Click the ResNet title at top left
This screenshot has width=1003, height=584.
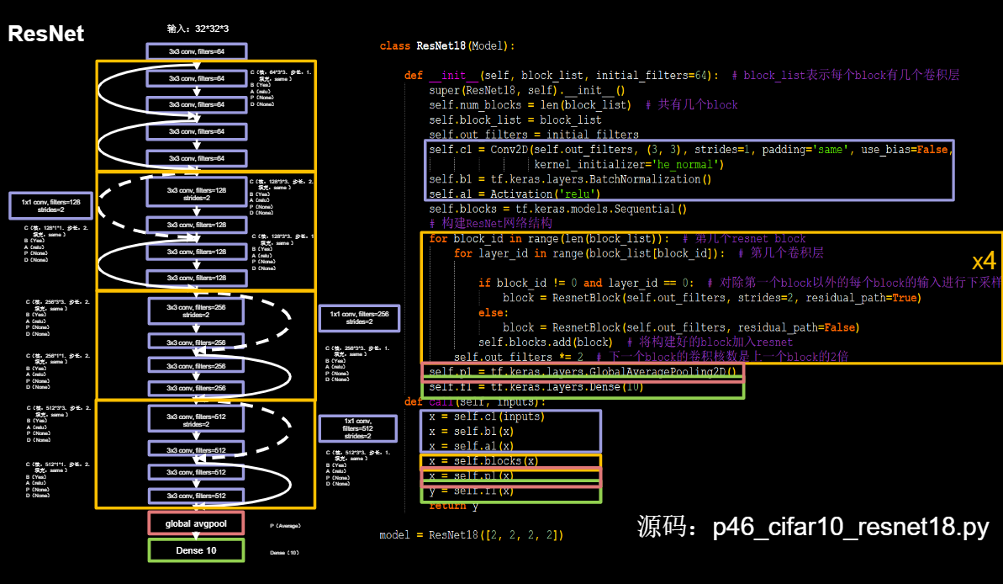pyautogui.click(x=46, y=34)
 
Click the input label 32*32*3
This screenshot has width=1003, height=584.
pyautogui.click(x=198, y=29)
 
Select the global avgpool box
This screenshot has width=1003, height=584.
pyautogui.click(x=196, y=523)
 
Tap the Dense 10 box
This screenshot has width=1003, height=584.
pyautogui.click(x=196, y=550)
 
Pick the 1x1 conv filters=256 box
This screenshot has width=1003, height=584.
pyautogui.click(x=359, y=318)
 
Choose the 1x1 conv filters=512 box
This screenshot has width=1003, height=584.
pyautogui.click(x=357, y=428)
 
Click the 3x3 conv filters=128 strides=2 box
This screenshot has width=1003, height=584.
pyautogui.click(x=196, y=193)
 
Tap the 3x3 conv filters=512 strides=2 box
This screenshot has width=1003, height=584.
pyautogui.click(x=196, y=418)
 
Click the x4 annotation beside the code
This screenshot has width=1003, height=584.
pyautogui.click(x=984, y=261)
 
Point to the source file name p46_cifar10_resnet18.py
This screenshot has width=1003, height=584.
pyautogui.click(x=812, y=528)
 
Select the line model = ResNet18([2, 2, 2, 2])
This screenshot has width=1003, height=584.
pyautogui.click(x=471, y=535)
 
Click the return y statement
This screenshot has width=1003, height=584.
pyautogui.click(x=453, y=506)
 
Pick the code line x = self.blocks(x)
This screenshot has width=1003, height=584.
pyautogui.click(x=483, y=461)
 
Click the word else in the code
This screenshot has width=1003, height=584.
pyautogui.click(x=493, y=312)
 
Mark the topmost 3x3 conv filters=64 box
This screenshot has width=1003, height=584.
pyautogui.click(x=196, y=51)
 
